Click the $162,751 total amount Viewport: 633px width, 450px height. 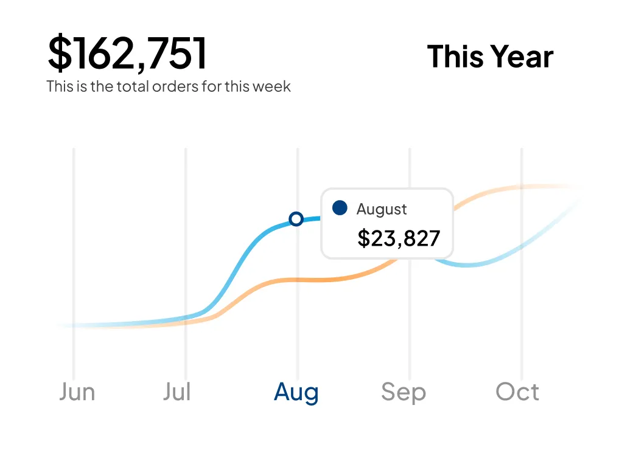click(128, 54)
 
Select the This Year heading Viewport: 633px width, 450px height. click(490, 57)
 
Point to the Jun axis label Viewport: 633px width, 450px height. click(77, 392)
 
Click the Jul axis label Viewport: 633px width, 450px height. click(177, 392)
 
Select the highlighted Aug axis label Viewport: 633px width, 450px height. click(296, 393)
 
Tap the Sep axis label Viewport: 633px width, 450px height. click(403, 392)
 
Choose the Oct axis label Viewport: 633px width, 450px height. click(517, 392)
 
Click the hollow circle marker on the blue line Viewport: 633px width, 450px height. click(296, 219)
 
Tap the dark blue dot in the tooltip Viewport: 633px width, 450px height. click(340, 208)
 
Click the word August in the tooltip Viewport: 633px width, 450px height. click(382, 209)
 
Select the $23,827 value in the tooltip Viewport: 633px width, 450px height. click(399, 238)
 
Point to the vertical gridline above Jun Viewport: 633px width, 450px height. click(74, 243)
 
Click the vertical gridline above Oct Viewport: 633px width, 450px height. click(522, 304)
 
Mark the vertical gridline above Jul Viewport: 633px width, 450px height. click(186, 243)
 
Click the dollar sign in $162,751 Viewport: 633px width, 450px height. click(59, 54)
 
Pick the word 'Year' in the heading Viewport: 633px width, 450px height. click(522, 57)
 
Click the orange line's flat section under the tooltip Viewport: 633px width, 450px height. click(316, 280)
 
